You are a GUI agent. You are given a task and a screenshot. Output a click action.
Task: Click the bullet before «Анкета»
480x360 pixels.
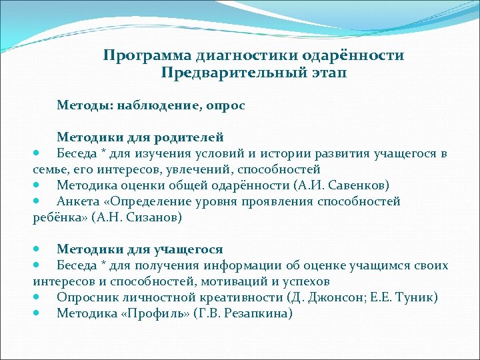point(37,201)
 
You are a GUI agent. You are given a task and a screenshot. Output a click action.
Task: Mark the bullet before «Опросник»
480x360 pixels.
point(37,297)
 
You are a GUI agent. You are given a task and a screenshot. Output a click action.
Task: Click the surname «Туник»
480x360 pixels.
point(415,297)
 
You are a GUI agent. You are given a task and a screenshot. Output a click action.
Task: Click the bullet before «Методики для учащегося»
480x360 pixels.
point(37,249)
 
